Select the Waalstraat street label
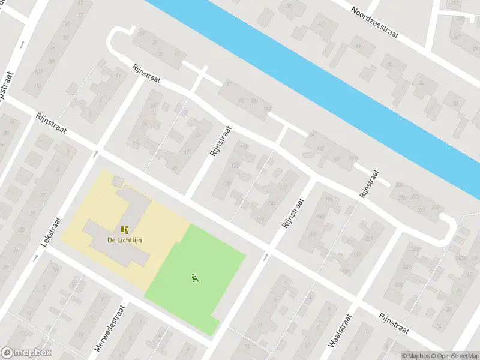(339, 329)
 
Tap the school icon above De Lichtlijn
(125, 229)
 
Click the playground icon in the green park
(194, 277)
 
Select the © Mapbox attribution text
(416, 356)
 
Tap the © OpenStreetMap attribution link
(455, 356)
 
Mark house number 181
(329, 199)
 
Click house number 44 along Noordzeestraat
(358, 46)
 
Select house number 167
(336, 159)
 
